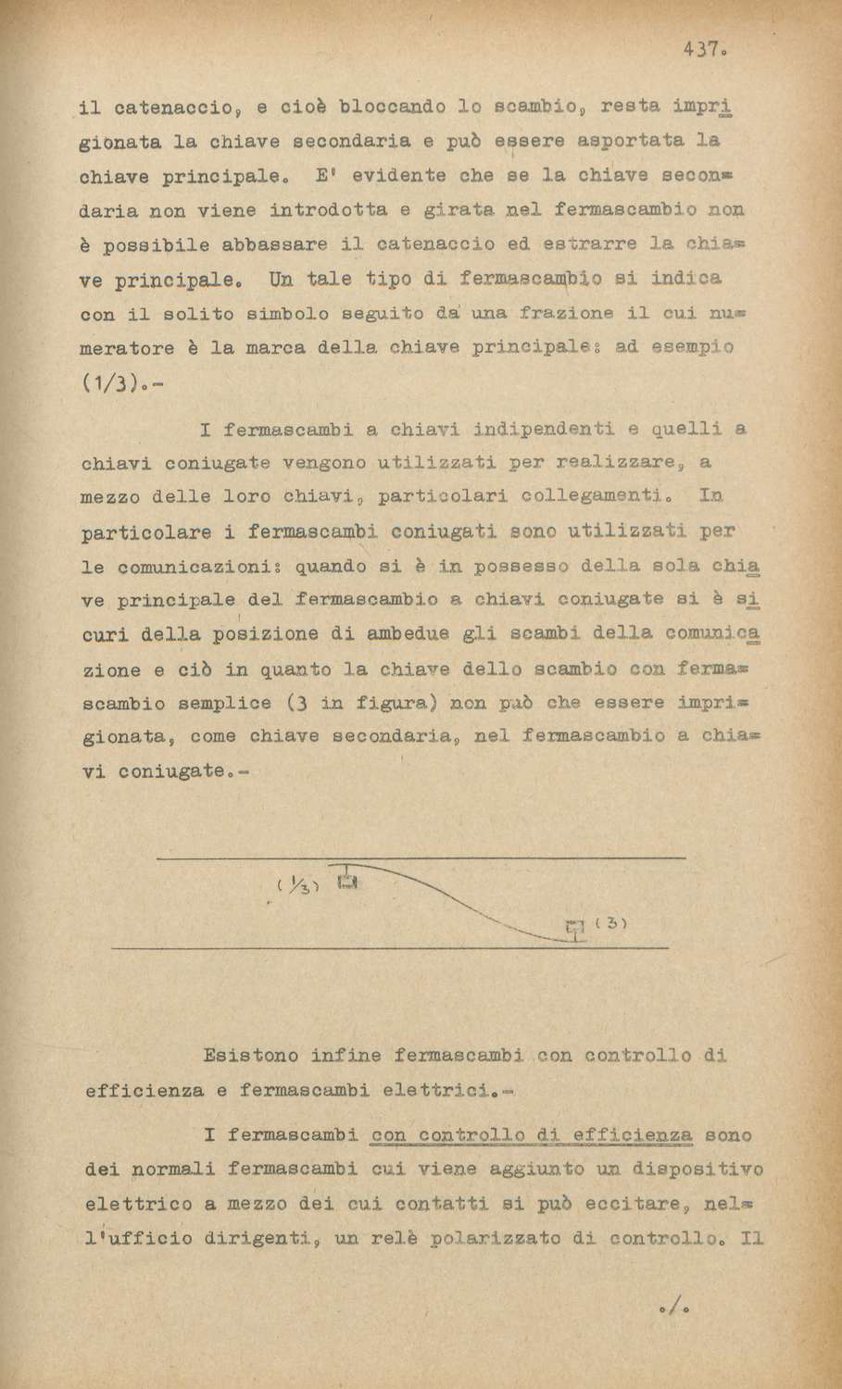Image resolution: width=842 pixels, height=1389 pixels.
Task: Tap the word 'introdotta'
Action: click(x=328, y=210)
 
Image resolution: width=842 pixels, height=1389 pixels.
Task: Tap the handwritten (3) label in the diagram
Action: click(x=613, y=923)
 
